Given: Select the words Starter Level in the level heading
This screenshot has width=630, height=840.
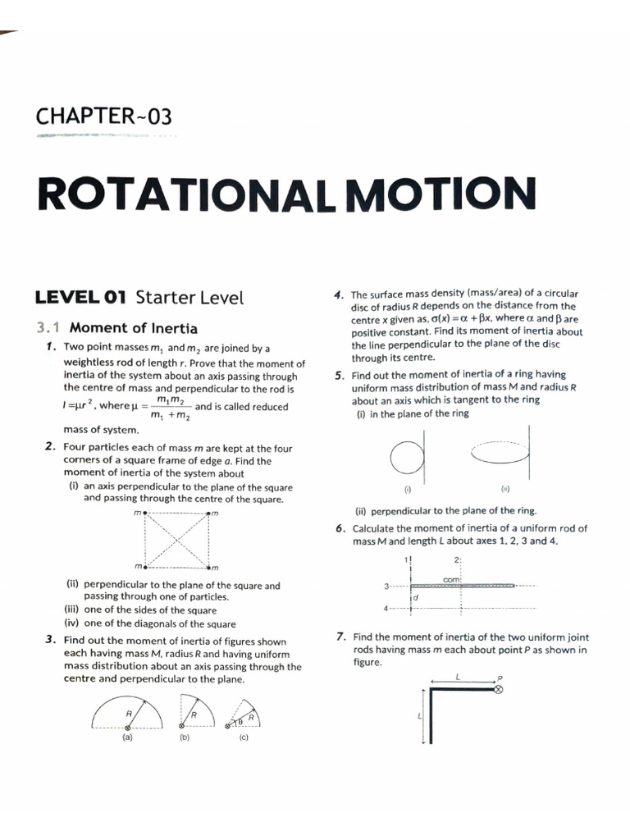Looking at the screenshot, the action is [189, 297].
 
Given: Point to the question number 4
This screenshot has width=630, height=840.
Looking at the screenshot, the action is [338, 294].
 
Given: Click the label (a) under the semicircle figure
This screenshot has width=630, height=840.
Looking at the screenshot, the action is [127, 737].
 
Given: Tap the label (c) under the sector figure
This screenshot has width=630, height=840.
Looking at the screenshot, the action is [244, 737].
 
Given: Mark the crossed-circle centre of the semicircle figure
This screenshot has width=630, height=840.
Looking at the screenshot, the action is [127, 727].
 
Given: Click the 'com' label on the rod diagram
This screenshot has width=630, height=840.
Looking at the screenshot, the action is [450, 579].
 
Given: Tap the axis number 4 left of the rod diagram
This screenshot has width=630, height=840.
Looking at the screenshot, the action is [386, 609].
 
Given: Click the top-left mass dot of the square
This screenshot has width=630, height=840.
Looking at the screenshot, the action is [145, 514].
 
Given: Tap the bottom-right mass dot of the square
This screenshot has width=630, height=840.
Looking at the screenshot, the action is [210, 567].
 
